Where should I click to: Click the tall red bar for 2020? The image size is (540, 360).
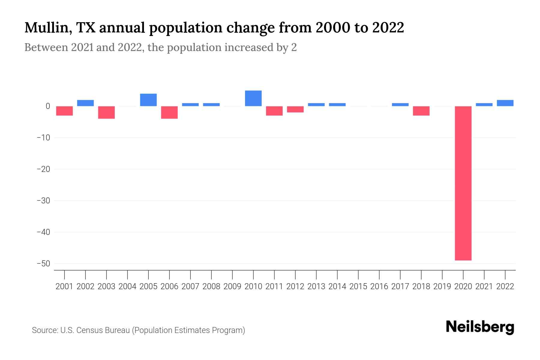(463, 183)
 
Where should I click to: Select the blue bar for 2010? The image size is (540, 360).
(253, 98)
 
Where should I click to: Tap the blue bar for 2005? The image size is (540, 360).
(148, 100)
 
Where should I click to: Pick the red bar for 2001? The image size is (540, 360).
(64, 111)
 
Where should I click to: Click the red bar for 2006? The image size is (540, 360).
(169, 112)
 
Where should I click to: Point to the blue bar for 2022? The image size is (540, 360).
(505, 103)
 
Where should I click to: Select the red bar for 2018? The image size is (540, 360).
(421, 111)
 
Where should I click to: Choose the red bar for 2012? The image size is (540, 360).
(295, 109)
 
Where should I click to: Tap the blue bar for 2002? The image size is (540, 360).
(85, 103)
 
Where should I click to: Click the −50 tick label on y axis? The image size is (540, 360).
(43, 264)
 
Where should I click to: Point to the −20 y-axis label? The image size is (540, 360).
(43, 169)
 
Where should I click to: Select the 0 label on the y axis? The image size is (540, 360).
(48, 106)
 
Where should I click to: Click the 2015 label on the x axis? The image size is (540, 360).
(358, 286)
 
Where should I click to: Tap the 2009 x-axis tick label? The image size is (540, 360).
(232, 286)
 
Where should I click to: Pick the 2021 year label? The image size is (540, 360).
(484, 286)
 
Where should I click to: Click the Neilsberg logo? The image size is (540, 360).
(480, 327)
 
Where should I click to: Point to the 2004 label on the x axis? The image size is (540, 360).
(127, 286)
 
